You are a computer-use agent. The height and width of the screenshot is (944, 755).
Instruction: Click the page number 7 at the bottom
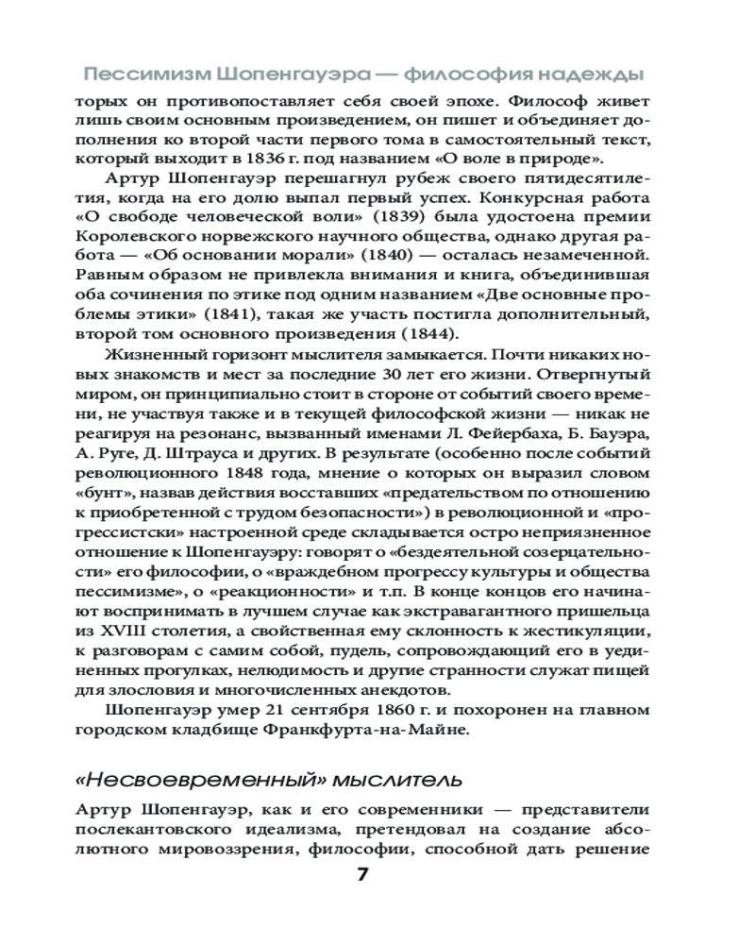363,875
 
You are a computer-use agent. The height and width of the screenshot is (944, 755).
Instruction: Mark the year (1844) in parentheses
420,334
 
